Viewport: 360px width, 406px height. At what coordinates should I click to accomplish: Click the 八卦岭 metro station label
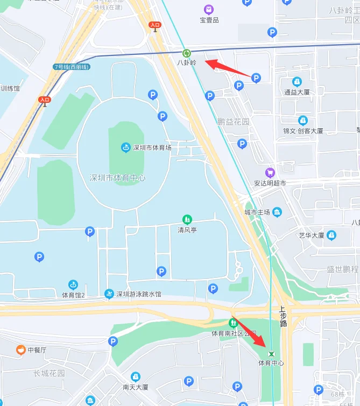coord(187,62)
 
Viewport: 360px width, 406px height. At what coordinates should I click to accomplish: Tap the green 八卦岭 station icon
coord(187,53)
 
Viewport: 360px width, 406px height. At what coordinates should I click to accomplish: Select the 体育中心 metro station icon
coord(272,354)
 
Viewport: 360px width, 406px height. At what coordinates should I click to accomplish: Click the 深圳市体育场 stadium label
coord(152,148)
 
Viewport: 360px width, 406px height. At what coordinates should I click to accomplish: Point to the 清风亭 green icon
coord(187,219)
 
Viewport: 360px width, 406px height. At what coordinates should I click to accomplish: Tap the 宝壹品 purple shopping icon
coord(209,10)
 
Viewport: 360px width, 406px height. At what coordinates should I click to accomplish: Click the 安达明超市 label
coord(270,183)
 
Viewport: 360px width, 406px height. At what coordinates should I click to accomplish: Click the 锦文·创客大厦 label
coord(303,131)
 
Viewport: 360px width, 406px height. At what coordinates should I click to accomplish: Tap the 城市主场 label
coord(257,212)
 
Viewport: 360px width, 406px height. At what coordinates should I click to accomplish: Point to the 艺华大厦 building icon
coord(331,235)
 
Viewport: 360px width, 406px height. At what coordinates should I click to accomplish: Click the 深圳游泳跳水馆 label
coord(139,294)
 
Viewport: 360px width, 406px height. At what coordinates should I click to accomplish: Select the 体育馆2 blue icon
coord(73,284)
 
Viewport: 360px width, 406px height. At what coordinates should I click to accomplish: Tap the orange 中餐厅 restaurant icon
coord(20,350)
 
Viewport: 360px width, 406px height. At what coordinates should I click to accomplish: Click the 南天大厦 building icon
coord(136,376)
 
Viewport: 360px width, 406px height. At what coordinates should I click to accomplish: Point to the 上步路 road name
coord(283,317)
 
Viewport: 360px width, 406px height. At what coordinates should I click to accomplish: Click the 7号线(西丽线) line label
coord(72,67)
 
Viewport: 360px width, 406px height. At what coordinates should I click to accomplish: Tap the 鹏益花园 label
coord(233,122)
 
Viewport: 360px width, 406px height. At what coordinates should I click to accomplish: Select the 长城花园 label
coord(49,373)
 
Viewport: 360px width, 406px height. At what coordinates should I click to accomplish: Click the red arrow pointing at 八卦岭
coord(227,67)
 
